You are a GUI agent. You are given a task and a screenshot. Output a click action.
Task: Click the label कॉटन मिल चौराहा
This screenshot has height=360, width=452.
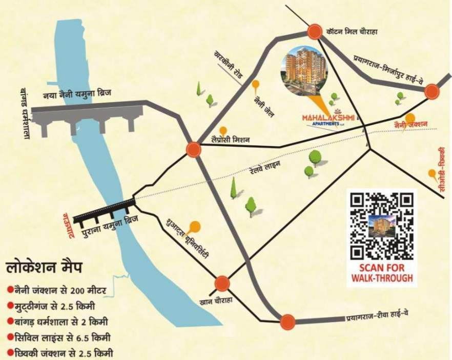(352, 32)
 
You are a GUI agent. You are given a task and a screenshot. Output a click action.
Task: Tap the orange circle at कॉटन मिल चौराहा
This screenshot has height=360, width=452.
(314, 32)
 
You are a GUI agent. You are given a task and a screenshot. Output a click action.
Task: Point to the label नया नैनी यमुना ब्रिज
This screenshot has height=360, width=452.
(77, 94)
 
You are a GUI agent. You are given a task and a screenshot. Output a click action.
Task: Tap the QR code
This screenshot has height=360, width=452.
(381, 225)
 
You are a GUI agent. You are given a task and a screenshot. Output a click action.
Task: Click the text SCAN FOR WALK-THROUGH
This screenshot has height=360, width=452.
(381, 273)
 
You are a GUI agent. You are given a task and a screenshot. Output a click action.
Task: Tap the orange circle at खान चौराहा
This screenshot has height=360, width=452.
(222, 283)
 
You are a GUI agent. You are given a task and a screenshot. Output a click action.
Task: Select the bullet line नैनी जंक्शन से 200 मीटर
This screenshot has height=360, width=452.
(57, 291)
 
